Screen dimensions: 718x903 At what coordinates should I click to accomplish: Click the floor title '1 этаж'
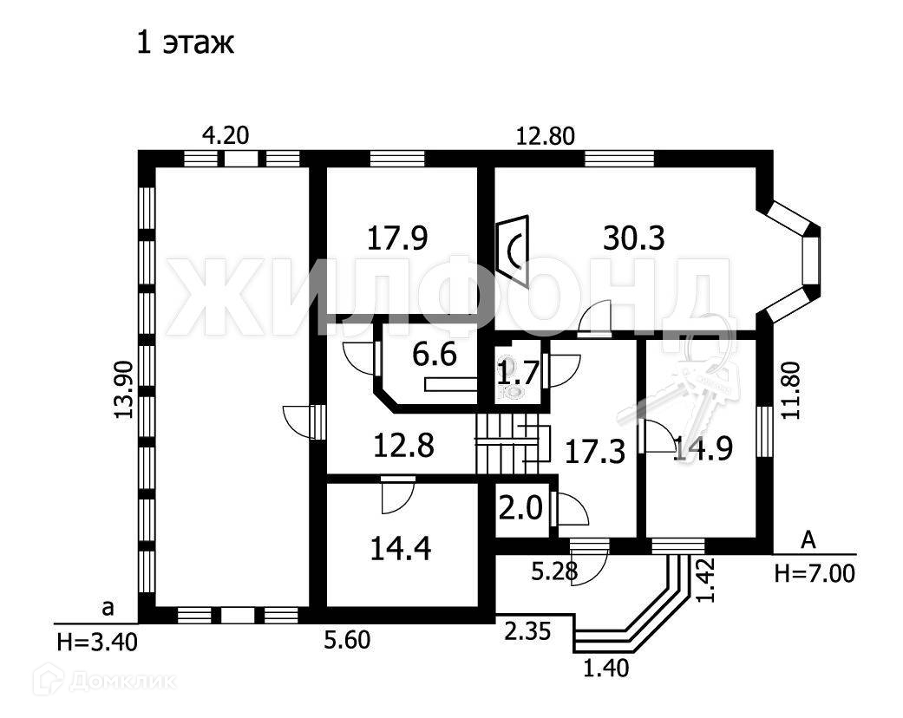click(x=185, y=43)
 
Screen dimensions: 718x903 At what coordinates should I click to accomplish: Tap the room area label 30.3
click(x=633, y=238)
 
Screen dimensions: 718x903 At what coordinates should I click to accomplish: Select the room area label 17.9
click(x=399, y=238)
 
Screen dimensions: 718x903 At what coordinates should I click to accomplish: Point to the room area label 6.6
click(x=434, y=356)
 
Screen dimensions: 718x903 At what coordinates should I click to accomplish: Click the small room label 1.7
click(x=518, y=374)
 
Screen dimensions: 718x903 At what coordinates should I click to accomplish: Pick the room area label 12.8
click(x=404, y=447)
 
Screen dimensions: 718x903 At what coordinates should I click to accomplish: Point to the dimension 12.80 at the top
click(x=546, y=135)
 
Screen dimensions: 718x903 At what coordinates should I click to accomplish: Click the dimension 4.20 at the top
click(x=226, y=135)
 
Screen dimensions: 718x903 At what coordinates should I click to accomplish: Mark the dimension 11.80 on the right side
click(x=789, y=391)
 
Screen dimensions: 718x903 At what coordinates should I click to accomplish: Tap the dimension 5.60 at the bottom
click(x=347, y=641)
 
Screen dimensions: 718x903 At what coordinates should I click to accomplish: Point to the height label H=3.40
click(x=95, y=642)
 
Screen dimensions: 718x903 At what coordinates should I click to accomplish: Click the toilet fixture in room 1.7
click(x=514, y=392)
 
